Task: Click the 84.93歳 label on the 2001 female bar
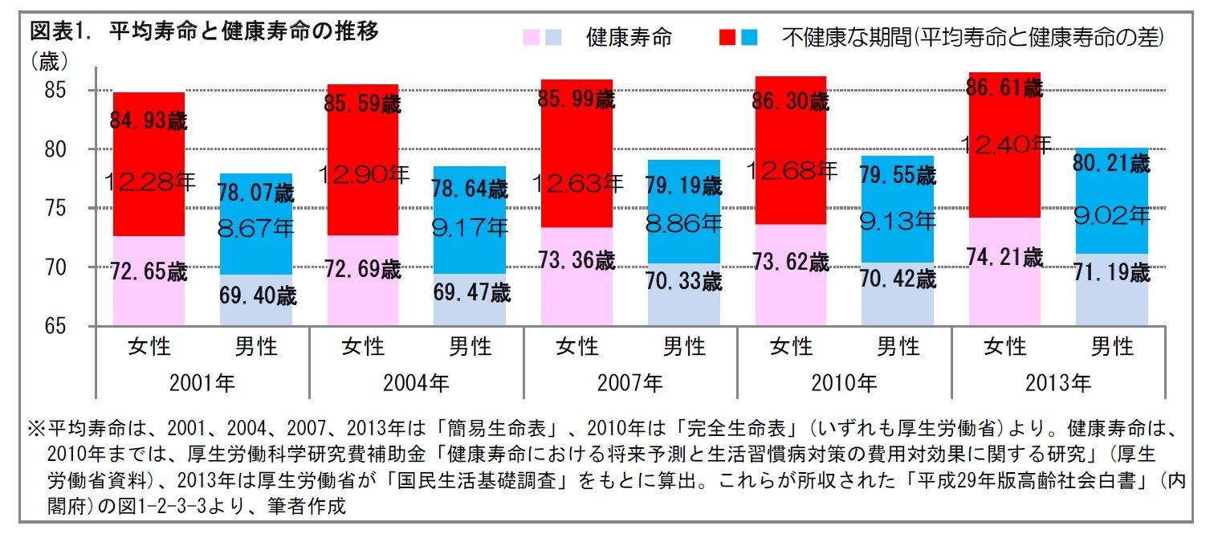click(149, 121)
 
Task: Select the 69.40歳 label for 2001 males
click(257, 296)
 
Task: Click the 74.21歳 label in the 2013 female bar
click(1004, 258)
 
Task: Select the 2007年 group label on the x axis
click(630, 382)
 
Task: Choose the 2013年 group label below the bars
click(1058, 382)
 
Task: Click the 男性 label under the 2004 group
click(470, 347)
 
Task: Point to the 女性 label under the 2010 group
click(791, 347)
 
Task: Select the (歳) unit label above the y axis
click(50, 61)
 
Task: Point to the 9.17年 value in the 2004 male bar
click(470, 227)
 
